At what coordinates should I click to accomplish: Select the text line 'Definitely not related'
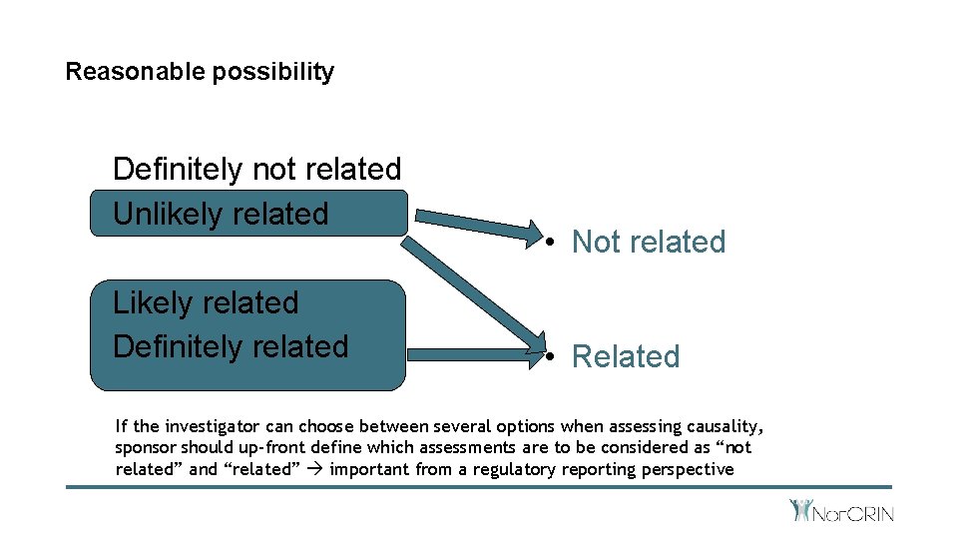tap(256, 169)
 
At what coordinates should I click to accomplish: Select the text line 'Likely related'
tap(206, 302)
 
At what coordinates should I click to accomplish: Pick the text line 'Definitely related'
tap(231, 346)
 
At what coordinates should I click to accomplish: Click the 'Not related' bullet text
tap(648, 242)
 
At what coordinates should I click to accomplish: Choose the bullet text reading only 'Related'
tap(625, 356)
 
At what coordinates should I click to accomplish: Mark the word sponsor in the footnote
tap(146, 448)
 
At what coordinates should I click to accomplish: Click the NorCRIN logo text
tap(855, 514)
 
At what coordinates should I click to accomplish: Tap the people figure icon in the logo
tap(800, 510)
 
